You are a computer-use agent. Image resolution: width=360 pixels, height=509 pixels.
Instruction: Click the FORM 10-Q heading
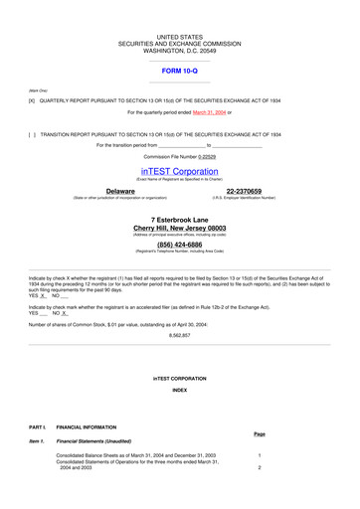pyautogui.click(x=179, y=72)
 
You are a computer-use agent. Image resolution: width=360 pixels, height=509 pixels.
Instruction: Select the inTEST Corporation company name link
pyautogui.click(x=179, y=171)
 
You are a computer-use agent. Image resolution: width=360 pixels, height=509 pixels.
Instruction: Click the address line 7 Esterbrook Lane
pyautogui.click(x=179, y=219)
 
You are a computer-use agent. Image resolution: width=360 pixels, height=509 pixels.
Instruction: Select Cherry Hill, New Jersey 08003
pyautogui.click(x=179, y=228)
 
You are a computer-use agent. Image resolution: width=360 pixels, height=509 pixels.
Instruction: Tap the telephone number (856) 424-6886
pyautogui.click(x=179, y=244)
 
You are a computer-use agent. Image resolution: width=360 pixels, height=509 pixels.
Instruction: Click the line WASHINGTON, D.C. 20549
pyautogui.click(x=179, y=50)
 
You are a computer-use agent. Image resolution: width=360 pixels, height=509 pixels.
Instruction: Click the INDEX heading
pyautogui.click(x=179, y=391)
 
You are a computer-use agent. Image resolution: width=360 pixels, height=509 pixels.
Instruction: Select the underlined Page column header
pyautogui.click(x=259, y=433)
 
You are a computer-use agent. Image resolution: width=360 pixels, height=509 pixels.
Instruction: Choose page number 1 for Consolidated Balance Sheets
pyautogui.click(x=259, y=454)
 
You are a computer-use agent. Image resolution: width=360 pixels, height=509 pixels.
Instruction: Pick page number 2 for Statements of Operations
pyautogui.click(x=259, y=467)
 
